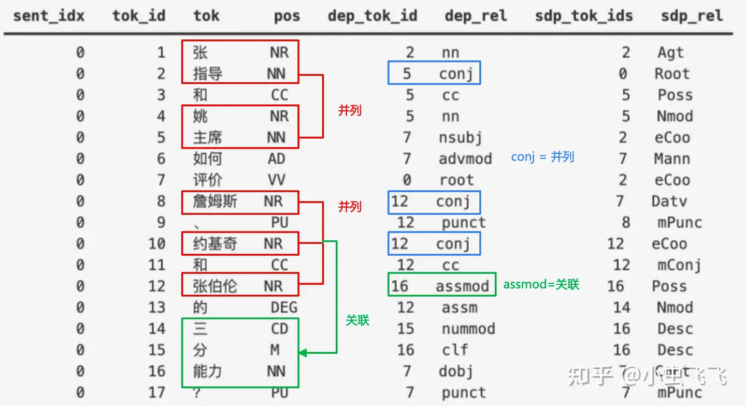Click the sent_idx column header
(49, 16)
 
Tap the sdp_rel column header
(692, 16)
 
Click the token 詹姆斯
(215, 201)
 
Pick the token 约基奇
(215, 244)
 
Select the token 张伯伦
(215, 286)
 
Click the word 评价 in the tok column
(208, 180)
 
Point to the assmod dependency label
(462, 286)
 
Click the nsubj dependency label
(460, 138)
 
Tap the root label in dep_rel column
(456, 180)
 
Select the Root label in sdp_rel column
(672, 74)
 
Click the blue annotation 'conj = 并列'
(542, 157)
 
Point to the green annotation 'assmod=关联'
(541, 284)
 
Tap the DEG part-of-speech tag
(284, 308)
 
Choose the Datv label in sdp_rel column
(669, 201)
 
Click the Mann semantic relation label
(672, 159)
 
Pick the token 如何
(208, 159)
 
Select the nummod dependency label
(468, 329)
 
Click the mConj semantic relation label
(679, 265)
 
